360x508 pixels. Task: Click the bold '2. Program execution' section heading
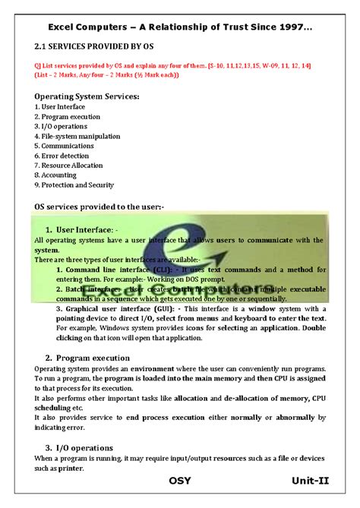pos(87,358)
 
